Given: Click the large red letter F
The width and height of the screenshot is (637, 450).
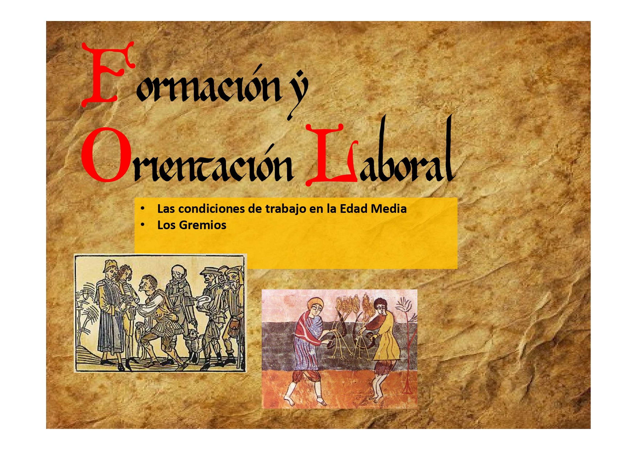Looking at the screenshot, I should click(105, 74).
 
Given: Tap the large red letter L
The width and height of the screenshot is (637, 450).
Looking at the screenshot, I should click(330, 156).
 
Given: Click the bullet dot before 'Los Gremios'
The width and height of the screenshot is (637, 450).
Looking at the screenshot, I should click(143, 225).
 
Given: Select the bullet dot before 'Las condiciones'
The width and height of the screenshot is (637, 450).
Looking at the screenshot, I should click(143, 209).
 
